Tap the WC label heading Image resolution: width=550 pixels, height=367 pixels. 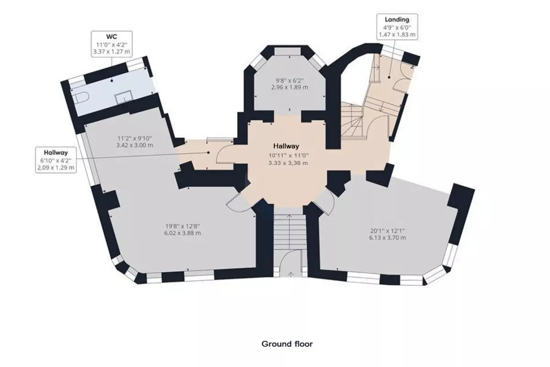(x=111, y=37)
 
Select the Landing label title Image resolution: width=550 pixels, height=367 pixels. (x=397, y=20)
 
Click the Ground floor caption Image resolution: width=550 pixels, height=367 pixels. (x=287, y=344)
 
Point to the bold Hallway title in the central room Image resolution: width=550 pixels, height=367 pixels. (x=286, y=146)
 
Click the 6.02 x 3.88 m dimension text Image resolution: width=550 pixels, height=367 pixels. (x=182, y=233)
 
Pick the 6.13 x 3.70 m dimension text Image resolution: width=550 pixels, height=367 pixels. (x=387, y=238)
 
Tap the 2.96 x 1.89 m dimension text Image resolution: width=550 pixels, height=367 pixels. (x=290, y=87)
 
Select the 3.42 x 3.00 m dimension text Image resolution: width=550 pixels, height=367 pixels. (x=135, y=145)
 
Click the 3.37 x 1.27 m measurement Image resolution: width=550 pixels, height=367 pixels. (x=111, y=52)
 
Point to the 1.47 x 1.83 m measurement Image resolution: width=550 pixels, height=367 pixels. (x=397, y=35)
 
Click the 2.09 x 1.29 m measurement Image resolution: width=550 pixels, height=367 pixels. (x=56, y=168)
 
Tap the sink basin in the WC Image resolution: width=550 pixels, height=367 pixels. (x=124, y=97)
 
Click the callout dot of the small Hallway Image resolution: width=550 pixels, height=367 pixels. (x=208, y=153)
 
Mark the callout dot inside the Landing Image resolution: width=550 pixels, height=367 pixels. (x=389, y=77)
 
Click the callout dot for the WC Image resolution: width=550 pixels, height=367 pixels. (x=112, y=81)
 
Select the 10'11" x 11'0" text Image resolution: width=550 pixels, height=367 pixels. (x=288, y=156)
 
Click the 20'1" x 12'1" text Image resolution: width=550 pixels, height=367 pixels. (x=387, y=231)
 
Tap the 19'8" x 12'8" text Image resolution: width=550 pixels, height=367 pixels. (x=182, y=226)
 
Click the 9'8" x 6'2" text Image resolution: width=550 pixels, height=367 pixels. (x=290, y=80)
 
